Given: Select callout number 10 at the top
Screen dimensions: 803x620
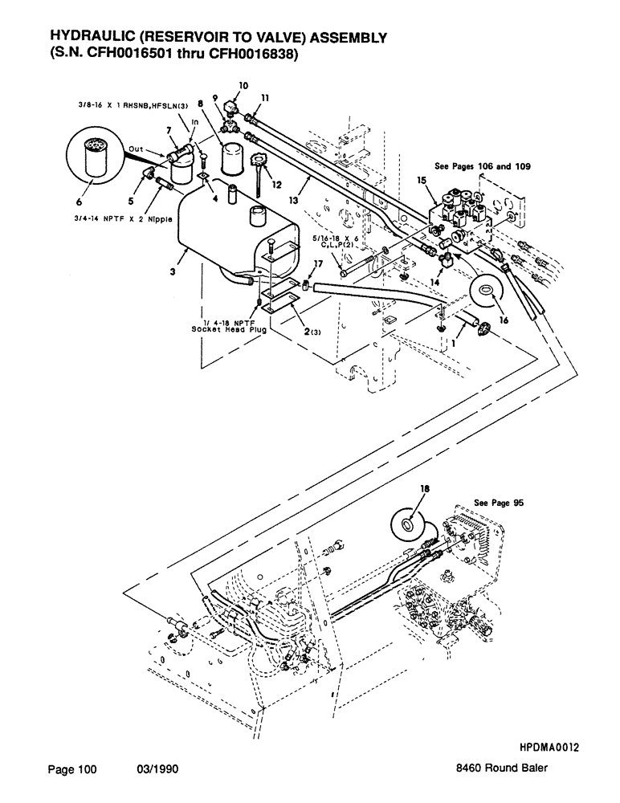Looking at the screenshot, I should (x=244, y=84).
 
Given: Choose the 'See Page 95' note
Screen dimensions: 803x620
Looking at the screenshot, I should (x=499, y=502).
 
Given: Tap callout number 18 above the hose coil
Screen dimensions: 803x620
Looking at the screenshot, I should (x=415, y=489).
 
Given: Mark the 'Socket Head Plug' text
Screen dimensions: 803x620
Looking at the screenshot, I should (x=227, y=329).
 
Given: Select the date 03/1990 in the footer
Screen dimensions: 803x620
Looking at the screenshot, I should (x=157, y=769).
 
